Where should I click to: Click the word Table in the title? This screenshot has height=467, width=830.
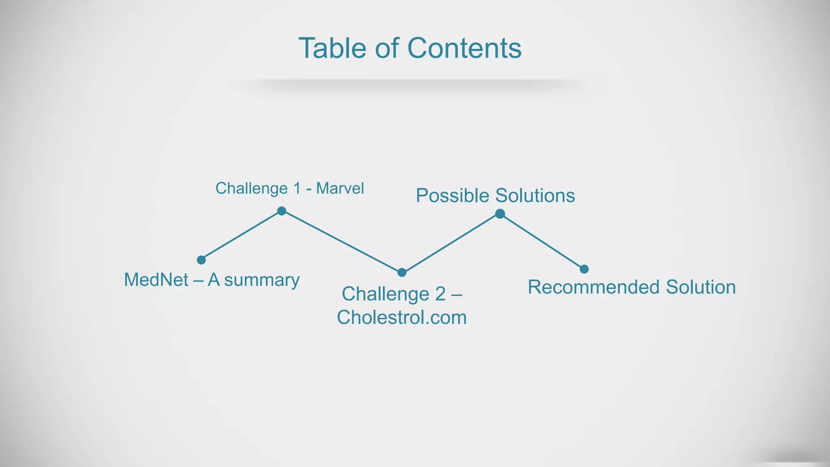(332, 48)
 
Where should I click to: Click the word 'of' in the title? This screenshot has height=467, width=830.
(387, 48)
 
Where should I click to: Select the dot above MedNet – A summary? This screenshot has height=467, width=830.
(201, 260)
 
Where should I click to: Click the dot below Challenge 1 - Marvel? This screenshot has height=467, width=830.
(282, 211)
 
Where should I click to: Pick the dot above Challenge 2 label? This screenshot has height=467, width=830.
(402, 272)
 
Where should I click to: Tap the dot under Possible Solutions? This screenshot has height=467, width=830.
(500, 214)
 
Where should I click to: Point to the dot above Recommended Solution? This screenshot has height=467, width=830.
(584, 269)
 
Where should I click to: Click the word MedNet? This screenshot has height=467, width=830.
(156, 280)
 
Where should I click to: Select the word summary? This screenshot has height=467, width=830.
(262, 280)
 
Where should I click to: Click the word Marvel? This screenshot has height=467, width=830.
(340, 188)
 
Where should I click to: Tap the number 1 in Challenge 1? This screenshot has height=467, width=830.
(297, 188)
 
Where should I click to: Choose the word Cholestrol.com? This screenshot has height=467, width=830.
(402, 317)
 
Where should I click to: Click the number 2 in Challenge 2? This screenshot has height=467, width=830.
(441, 294)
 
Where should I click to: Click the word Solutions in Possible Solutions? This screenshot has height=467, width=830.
(535, 196)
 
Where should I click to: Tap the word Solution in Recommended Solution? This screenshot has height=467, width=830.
(701, 287)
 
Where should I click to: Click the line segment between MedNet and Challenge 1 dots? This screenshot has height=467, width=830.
(241, 236)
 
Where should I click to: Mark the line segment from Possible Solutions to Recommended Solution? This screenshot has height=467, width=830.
(542, 241)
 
